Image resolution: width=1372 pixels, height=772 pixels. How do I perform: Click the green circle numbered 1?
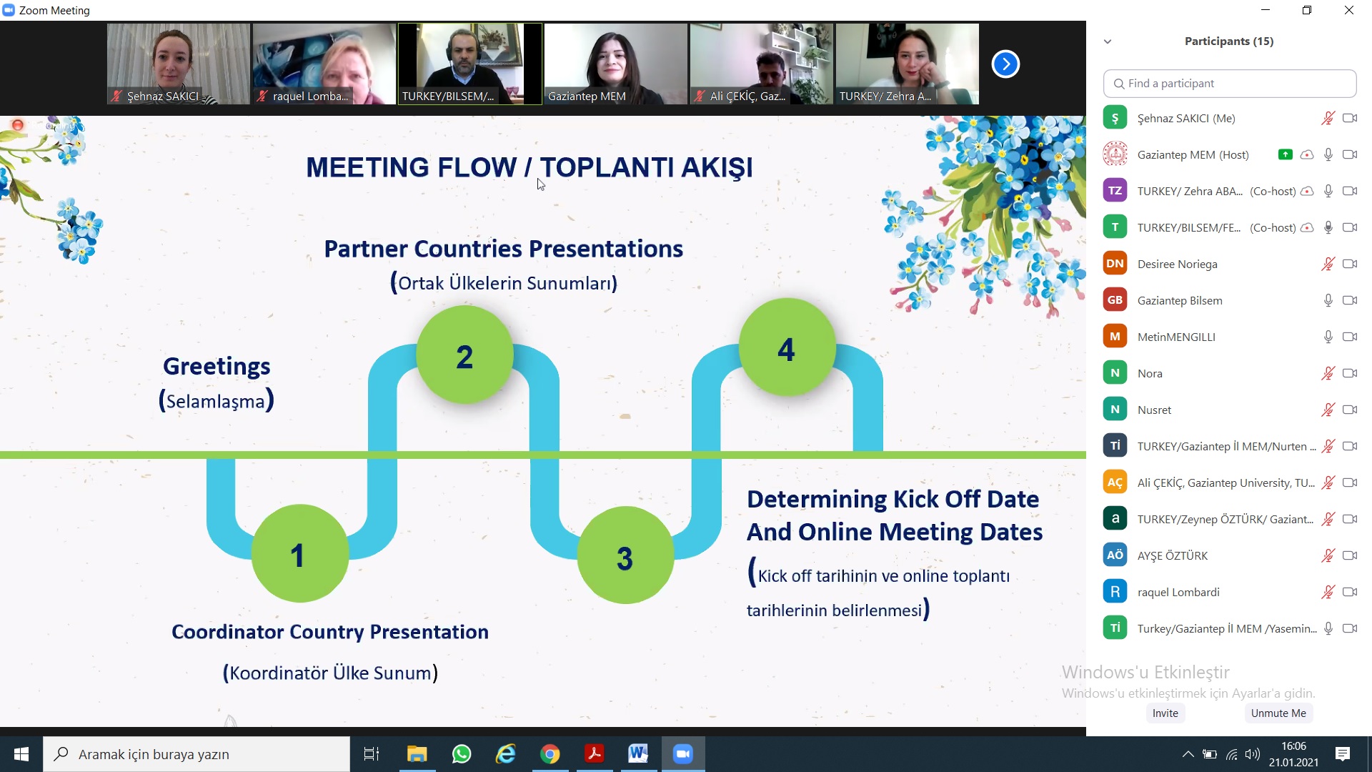pyautogui.click(x=300, y=554)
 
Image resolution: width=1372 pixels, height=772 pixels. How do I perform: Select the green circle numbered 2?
pyautogui.click(x=464, y=355)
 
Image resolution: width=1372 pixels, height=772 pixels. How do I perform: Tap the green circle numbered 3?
pyautogui.click(x=625, y=555)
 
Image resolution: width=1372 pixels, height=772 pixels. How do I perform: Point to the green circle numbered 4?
pyautogui.click(x=787, y=347)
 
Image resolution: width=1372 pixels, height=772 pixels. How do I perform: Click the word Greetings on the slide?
pyautogui.click(x=217, y=366)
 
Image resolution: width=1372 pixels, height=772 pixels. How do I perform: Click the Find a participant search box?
pyautogui.click(x=1230, y=84)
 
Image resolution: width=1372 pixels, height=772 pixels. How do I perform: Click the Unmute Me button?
pyautogui.click(x=1278, y=713)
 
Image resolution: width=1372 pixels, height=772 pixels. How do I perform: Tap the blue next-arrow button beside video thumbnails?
pyautogui.click(x=1005, y=64)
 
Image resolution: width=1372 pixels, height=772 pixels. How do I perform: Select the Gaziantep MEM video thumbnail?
pyautogui.click(x=615, y=64)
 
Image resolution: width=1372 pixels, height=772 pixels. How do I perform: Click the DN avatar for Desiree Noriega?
pyautogui.click(x=1115, y=264)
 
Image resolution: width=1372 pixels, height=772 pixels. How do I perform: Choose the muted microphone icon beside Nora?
pyautogui.click(x=1328, y=373)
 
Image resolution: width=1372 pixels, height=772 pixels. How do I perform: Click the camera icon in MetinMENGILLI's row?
pyautogui.click(x=1350, y=337)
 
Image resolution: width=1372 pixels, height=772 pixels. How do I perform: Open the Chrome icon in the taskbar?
pyautogui.click(x=550, y=754)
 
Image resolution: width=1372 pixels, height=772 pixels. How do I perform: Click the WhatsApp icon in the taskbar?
pyautogui.click(x=462, y=754)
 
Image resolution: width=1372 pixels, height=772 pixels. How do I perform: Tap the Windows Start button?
pyautogui.click(x=21, y=754)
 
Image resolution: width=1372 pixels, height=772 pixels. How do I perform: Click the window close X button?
pyautogui.click(x=1349, y=10)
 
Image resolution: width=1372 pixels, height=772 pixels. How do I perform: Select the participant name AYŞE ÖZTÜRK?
pyautogui.click(x=1173, y=555)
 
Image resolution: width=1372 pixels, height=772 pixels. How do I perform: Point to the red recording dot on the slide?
pyautogui.click(x=18, y=125)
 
